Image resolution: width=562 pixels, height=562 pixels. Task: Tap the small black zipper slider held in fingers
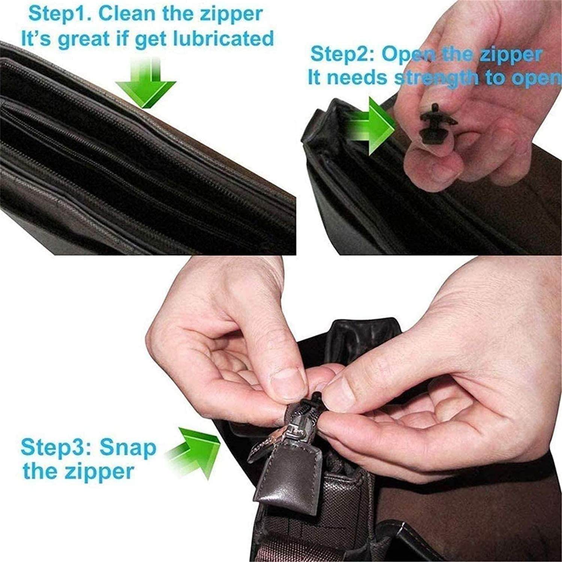[x=438, y=124]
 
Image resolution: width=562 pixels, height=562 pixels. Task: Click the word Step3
[x=56, y=447]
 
